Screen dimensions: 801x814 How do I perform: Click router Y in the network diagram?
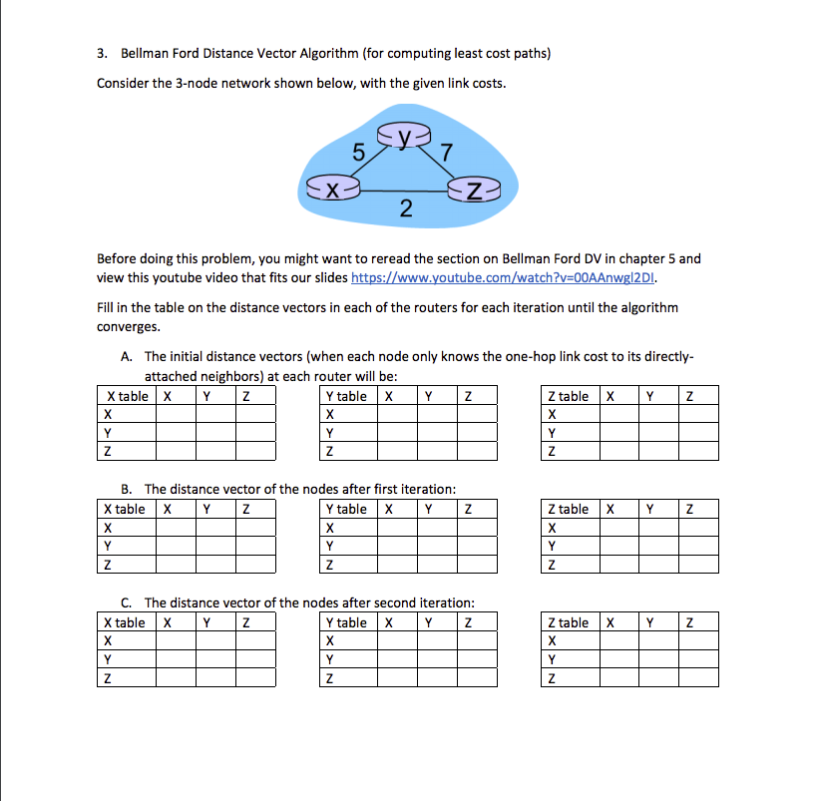(404, 135)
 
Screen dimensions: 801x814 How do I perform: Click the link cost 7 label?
(446, 153)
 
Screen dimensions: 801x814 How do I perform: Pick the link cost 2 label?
(404, 208)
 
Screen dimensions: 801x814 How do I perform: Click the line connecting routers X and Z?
(404, 190)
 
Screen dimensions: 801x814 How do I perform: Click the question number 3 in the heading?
(101, 53)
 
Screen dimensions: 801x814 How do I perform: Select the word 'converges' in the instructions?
(128, 326)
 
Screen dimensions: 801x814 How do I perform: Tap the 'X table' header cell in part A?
(126, 396)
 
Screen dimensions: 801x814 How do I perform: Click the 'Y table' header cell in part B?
(346, 509)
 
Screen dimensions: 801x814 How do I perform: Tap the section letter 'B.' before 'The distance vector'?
(127, 489)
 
